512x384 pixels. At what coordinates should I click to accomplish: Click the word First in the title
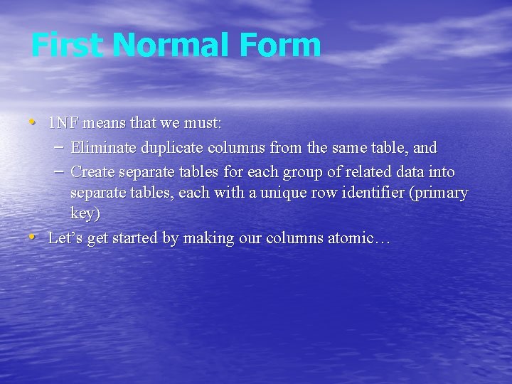67,45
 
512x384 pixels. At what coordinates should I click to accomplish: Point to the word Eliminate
103,148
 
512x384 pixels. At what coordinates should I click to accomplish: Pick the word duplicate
171,148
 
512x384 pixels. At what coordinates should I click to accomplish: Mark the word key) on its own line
85,213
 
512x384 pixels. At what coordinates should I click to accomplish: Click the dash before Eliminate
60,147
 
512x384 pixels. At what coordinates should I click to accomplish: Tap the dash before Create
60,171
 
